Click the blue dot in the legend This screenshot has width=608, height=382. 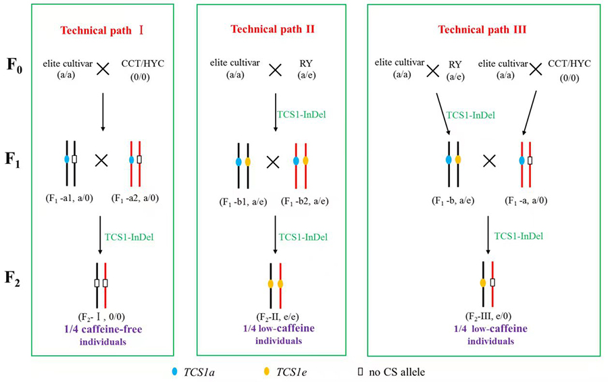174,371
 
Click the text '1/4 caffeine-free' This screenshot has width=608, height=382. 101,331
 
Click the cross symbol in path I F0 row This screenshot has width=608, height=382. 102,70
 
